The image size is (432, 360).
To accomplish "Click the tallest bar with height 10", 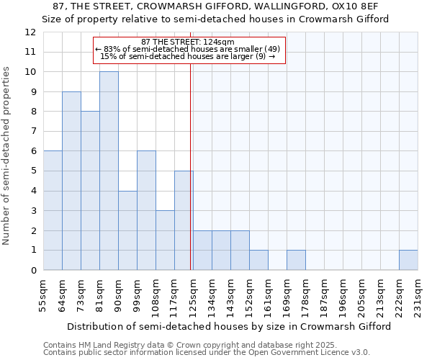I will tap(109, 171).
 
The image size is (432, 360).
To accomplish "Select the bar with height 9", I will tap(71, 181).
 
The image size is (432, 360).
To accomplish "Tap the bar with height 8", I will tap(90, 191).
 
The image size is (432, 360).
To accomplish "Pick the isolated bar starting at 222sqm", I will tap(408, 260).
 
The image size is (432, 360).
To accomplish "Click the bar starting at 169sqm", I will tap(296, 260).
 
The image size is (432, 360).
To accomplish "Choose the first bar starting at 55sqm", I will tap(53, 210).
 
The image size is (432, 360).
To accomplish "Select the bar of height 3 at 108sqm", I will tap(165, 240).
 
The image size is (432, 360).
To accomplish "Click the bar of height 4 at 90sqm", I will tap(127, 230).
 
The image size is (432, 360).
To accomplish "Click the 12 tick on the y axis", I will tap(30, 32).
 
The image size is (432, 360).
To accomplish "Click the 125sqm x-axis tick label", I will tap(193, 294).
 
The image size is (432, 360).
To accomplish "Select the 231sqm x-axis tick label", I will tap(418, 294).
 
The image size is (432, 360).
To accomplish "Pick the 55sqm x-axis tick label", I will tap(43, 294).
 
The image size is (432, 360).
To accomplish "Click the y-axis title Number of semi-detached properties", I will tap(7, 156).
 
